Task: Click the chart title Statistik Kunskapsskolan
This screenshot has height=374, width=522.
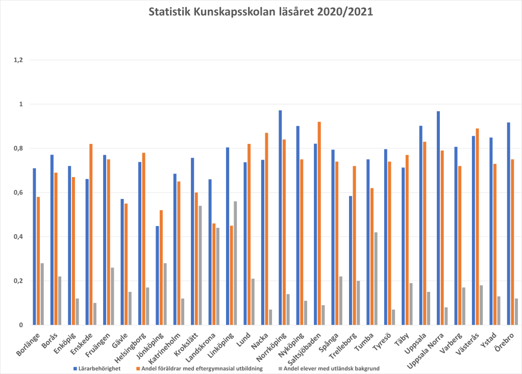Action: [261, 12]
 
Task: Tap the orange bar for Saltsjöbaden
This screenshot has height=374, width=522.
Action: [319, 223]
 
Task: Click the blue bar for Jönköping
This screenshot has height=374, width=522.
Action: [157, 276]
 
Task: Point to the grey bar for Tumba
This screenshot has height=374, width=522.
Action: [376, 279]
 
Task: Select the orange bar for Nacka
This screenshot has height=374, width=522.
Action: [266, 229]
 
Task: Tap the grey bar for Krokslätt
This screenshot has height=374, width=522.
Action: [200, 265]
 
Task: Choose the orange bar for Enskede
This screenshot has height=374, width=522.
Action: [91, 235]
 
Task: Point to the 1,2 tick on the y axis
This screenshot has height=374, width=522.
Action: [18, 60]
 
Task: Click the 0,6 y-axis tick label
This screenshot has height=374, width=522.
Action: [18, 193]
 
